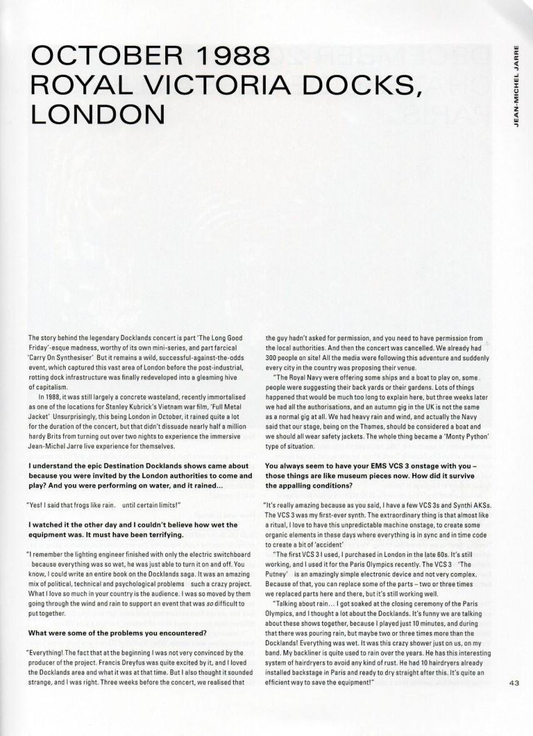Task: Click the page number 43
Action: [x=515, y=682]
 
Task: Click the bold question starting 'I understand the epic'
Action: [x=131, y=470]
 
